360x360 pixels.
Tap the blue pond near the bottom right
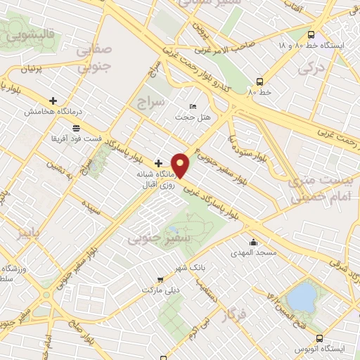tap(302, 295)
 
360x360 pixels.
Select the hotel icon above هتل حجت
tap(193, 106)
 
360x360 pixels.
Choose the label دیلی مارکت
tap(162, 289)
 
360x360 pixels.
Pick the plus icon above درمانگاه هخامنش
tap(53, 101)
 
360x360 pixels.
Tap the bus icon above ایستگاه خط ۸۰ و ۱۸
tap(311, 34)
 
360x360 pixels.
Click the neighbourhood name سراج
tap(151, 103)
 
